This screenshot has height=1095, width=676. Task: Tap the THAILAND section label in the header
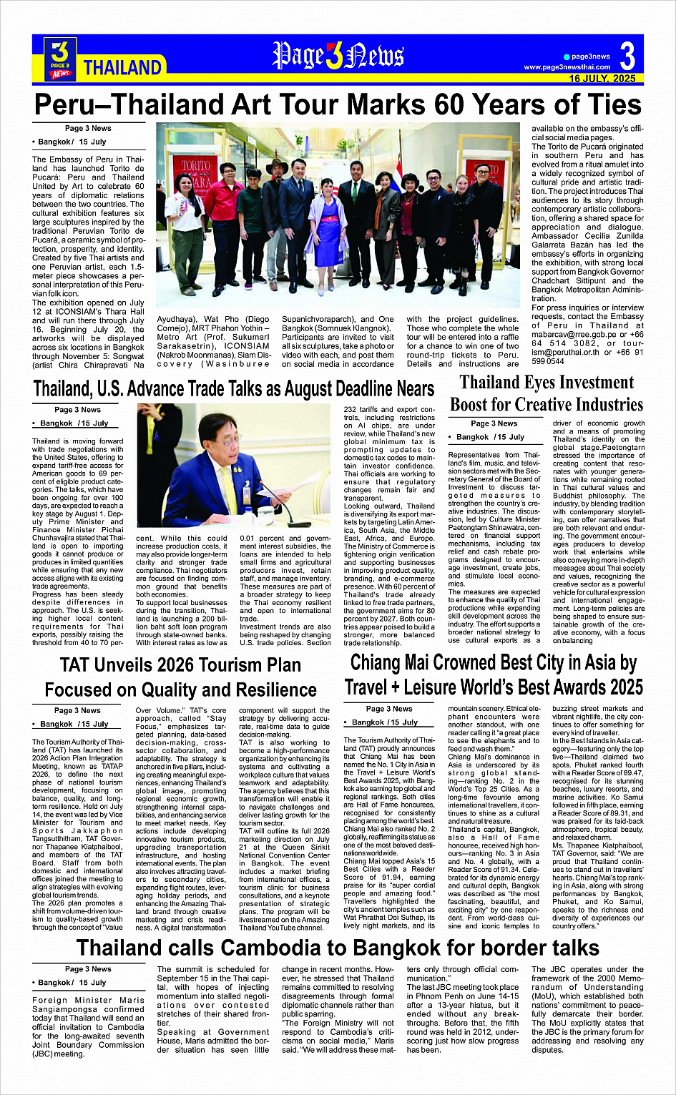point(122,68)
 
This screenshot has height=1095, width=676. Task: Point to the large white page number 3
point(627,57)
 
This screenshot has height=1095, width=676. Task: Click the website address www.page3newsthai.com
point(567,67)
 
